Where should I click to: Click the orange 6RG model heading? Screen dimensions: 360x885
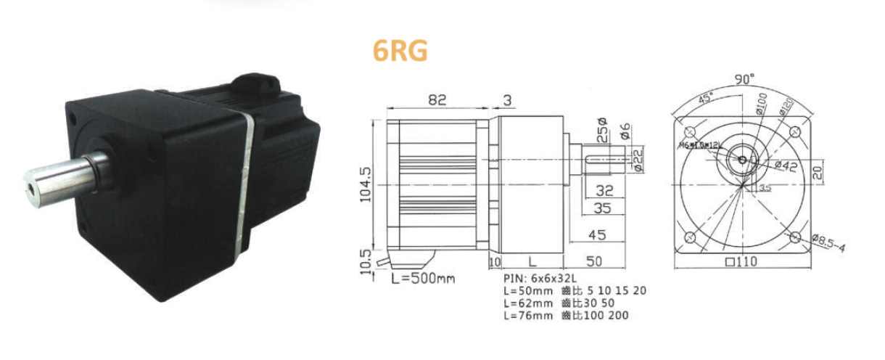coord(400,50)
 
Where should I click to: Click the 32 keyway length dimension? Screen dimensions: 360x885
coord(604,192)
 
